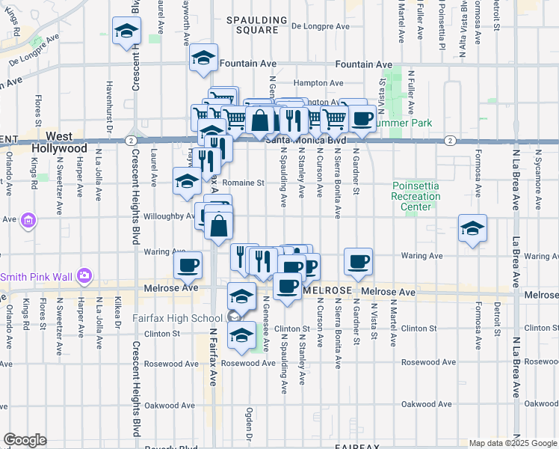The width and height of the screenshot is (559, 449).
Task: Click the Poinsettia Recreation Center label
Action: (x=417, y=197)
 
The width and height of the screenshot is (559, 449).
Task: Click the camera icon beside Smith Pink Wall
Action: (x=84, y=277)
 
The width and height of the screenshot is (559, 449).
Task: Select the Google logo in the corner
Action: (x=25, y=439)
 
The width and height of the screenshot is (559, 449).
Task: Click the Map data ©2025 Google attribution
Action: (x=512, y=443)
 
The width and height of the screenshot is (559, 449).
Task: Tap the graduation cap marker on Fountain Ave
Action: (x=203, y=58)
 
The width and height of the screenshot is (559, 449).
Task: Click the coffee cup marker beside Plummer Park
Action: (x=362, y=117)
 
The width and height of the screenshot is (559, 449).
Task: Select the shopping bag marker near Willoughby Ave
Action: (x=219, y=224)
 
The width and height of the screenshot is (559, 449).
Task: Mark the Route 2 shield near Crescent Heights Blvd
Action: (x=131, y=140)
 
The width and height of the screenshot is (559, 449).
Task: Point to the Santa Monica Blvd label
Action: (x=306, y=139)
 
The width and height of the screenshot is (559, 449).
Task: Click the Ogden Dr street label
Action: (x=249, y=424)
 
